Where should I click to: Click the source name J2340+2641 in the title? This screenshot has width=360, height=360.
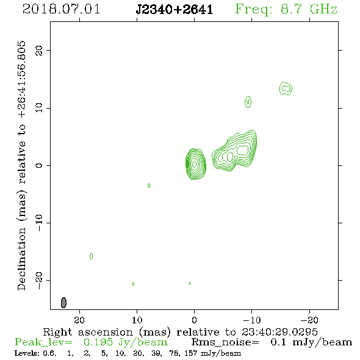[174, 9]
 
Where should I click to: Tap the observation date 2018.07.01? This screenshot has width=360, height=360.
[61, 9]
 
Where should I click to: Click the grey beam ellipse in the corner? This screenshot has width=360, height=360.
[63, 303]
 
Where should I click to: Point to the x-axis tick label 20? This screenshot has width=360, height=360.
[79, 320]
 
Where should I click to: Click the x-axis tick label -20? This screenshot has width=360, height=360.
[309, 320]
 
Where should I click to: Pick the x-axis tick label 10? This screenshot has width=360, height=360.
[137, 320]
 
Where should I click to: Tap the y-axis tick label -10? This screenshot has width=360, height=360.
[39, 223]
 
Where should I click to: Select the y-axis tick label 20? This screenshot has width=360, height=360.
[39, 50]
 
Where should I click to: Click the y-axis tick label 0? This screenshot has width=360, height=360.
[39, 165]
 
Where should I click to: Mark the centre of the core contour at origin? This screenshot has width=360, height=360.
[195, 164]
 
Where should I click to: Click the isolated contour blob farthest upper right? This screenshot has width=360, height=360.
[286, 88]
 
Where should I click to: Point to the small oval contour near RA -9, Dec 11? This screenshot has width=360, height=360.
[248, 102]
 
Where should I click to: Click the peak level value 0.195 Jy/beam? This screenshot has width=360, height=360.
[125, 342]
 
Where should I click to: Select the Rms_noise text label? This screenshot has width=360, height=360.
[225, 342]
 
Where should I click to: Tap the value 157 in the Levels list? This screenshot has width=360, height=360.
[190, 353]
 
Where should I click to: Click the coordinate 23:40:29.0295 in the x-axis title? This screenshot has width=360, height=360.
[279, 332]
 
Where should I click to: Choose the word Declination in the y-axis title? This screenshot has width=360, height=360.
[21, 259]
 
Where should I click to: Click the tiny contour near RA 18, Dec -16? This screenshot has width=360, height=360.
[91, 256]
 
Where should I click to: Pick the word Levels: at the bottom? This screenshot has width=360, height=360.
[27, 353]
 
